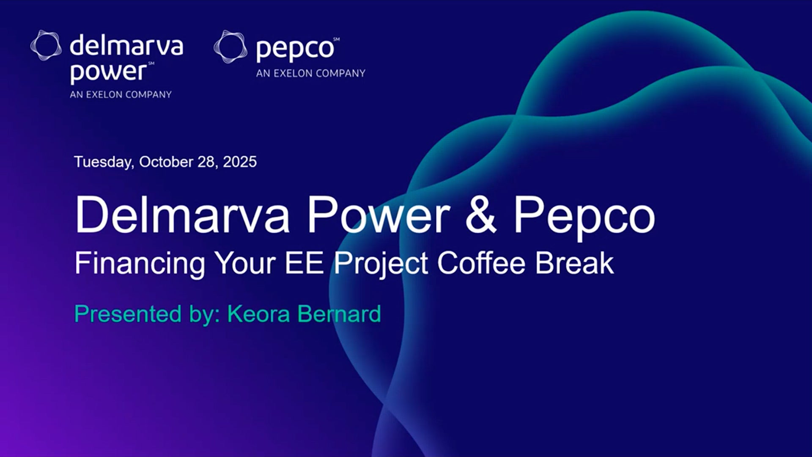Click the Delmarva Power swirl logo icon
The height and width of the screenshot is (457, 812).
46,45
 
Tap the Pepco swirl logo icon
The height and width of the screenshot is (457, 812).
230,47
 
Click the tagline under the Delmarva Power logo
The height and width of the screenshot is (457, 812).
121,94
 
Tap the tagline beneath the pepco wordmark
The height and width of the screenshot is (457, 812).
311,73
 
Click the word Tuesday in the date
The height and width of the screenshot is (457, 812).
104,162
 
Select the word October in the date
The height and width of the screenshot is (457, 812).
166,162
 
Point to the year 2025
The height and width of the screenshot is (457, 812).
240,162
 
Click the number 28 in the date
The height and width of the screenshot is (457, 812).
208,162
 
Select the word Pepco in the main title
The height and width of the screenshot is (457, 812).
584,217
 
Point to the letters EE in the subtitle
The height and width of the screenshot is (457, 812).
304,263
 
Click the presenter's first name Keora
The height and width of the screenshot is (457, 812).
259,314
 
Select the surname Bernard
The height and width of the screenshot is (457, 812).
339,314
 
